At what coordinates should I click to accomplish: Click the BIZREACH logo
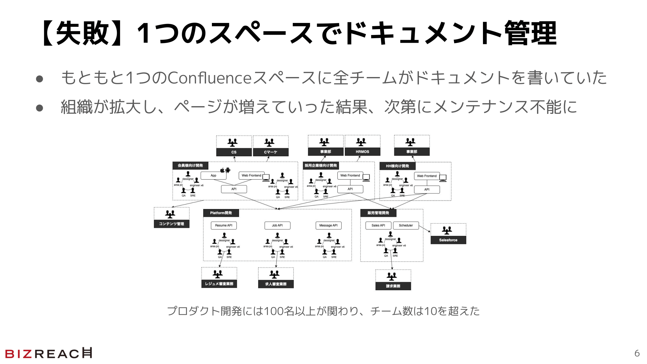click(x=49, y=353)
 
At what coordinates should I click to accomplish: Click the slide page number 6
click(x=637, y=353)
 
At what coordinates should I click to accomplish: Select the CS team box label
click(x=234, y=152)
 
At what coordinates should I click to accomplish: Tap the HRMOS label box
click(x=362, y=152)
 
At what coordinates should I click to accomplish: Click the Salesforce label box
click(x=448, y=240)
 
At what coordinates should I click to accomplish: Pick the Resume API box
click(x=224, y=226)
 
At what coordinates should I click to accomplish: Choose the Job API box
click(x=277, y=226)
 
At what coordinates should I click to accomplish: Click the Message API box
click(x=328, y=226)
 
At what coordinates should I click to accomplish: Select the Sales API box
click(x=378, y=226)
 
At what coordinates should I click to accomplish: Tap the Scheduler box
click(x=406, y=226)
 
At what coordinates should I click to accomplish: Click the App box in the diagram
click(x=214, y=176)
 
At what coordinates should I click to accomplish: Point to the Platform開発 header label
click(x=221, y=213)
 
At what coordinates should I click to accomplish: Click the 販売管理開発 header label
click(x=378, y=213)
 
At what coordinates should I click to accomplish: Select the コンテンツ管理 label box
click(x=171, y=224)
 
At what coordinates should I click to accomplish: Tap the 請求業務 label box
click(x=393, y=286)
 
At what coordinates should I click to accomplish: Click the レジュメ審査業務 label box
click(x=219, y=284)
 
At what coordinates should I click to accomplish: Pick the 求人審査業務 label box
click(x=276, y=284)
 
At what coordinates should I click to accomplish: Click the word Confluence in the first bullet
click(x=209, y=78)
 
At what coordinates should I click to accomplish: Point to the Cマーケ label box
click(x=270, y=152)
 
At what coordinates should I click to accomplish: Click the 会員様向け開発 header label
click(x=190, y=166)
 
